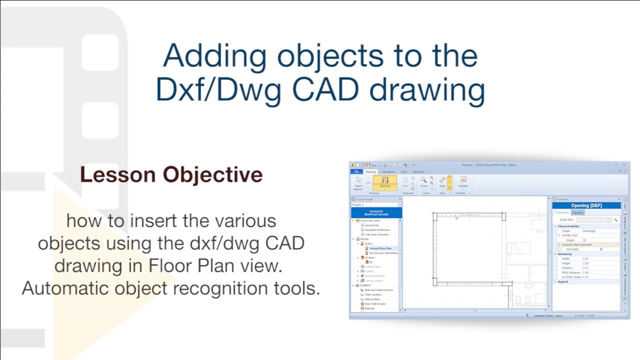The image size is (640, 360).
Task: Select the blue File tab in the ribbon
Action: tap(356, 171)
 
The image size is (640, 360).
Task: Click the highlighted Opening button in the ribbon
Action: tap(384, 182)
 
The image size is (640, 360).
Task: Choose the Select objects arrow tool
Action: tap(358, 182)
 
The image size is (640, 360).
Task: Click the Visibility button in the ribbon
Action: tap(463, 182)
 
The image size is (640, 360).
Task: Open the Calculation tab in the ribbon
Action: tap(388, 171)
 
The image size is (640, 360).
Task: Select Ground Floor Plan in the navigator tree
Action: tap(380, 248)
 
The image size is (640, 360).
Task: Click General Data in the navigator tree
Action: tap(371, 225)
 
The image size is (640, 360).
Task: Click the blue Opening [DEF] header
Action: tap(586, 205)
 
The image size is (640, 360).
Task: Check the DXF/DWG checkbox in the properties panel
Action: tap(601, 249)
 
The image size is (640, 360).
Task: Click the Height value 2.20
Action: tap(585, 263)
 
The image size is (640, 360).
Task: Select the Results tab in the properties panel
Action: tap(577, 212)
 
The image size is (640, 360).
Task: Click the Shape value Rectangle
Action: tap(589, 231)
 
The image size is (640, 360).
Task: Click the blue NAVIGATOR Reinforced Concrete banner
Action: tap(375, 213)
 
